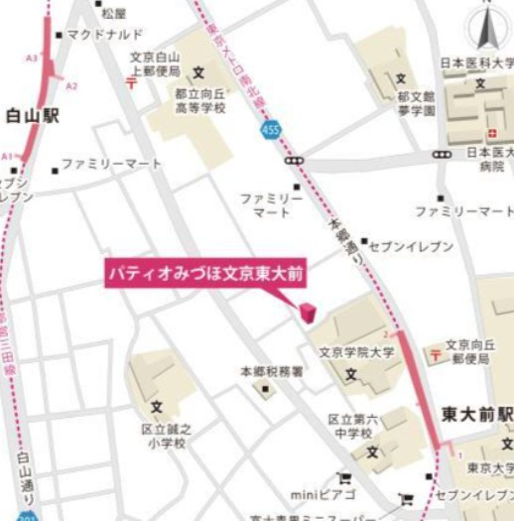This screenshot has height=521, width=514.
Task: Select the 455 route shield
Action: [273, 129]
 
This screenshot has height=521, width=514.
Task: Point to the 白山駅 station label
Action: [33, 116]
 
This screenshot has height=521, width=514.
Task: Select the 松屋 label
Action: [114, 13]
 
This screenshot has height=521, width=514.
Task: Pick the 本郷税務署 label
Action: [271, 370]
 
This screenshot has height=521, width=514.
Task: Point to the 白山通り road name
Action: [27, 476]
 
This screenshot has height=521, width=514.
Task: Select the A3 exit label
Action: [32, 60]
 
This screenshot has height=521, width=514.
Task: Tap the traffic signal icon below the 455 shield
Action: [295, 160]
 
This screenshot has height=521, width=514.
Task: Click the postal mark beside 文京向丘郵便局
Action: [434, 354]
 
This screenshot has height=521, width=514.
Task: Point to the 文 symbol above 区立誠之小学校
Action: [157, 407]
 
